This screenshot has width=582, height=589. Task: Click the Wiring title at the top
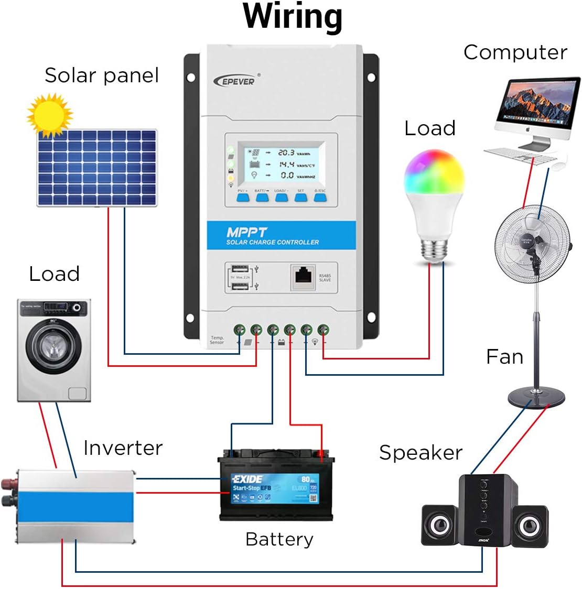point(292,17)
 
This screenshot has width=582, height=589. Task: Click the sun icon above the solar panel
point(49,115)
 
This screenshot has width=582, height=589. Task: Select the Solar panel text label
point(101,75)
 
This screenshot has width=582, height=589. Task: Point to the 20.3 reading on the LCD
point(286,152)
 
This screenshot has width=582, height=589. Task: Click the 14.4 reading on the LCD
point(286,164)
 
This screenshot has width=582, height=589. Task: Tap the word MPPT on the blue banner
point(246,232)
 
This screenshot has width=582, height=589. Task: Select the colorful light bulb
point(434,199)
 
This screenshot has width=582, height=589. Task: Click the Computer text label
point(515,52)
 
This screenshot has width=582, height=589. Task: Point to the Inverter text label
point(123,448)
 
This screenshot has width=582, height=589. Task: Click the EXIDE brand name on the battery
point(247,479)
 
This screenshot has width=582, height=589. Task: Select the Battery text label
point(279,539)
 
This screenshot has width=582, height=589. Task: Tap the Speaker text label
point(421,453)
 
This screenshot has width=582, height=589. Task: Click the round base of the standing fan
point(536,398)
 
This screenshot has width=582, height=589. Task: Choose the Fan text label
point(504,357)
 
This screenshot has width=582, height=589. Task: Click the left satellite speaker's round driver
point(439,526)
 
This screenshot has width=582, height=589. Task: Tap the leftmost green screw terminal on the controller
point(239,330)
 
